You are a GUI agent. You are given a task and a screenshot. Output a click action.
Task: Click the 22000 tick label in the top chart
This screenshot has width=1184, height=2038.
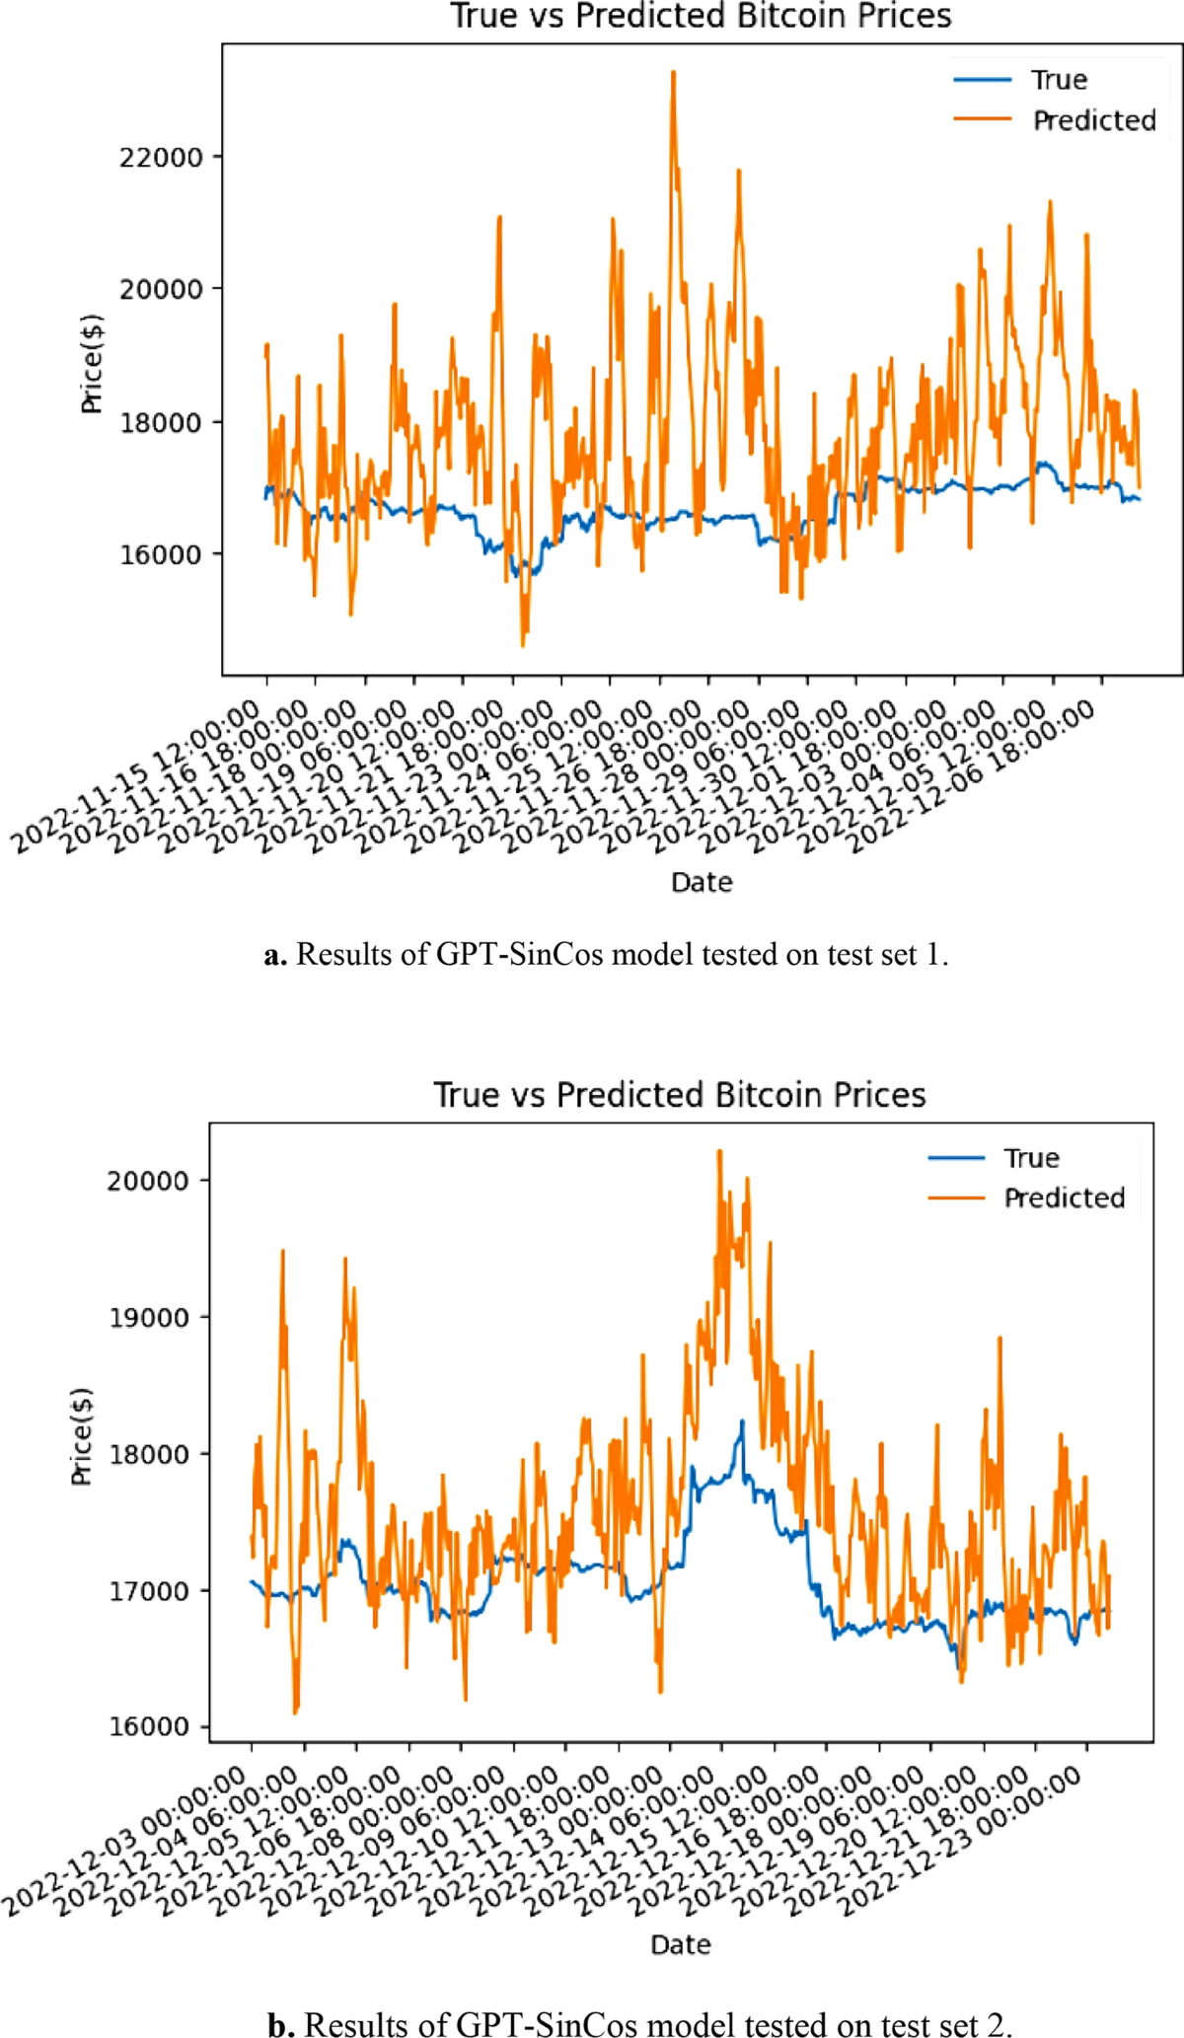[161, 157]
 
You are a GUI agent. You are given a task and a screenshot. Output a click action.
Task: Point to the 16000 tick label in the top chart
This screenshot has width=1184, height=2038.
[161, 554]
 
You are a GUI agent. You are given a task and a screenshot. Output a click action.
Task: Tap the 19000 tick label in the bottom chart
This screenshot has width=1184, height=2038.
[148, 1318]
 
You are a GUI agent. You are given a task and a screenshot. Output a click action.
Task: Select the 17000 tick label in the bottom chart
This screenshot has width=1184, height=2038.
[148, 1591]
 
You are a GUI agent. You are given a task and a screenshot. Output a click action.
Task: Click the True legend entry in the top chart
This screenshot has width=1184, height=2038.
[1059, 80]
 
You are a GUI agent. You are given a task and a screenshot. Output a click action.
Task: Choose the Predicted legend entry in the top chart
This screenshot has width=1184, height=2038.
[1093, 120]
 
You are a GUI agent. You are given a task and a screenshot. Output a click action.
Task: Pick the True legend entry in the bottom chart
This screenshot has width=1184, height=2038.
[1031, 1158]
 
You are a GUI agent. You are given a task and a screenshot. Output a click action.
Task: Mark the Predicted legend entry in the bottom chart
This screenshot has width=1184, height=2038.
[1064, 1198]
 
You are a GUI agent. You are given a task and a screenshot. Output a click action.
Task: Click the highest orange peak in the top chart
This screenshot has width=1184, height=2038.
[673, 73]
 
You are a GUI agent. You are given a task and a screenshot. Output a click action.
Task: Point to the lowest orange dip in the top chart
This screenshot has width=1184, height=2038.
[523, 645]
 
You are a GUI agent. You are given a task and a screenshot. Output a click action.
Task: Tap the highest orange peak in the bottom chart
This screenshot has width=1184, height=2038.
[719, 1151]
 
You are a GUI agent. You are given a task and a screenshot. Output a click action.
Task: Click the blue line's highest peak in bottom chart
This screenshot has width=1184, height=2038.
[742, 1421]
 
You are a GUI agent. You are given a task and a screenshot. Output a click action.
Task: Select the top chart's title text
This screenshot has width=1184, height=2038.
[701, 16]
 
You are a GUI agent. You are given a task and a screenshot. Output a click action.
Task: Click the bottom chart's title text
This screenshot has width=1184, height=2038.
[680, 1095]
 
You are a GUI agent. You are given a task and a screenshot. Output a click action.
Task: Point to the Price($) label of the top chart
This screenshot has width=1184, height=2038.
[92, 365]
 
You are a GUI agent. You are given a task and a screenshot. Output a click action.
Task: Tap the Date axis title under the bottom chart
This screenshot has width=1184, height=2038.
[680, 1944]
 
